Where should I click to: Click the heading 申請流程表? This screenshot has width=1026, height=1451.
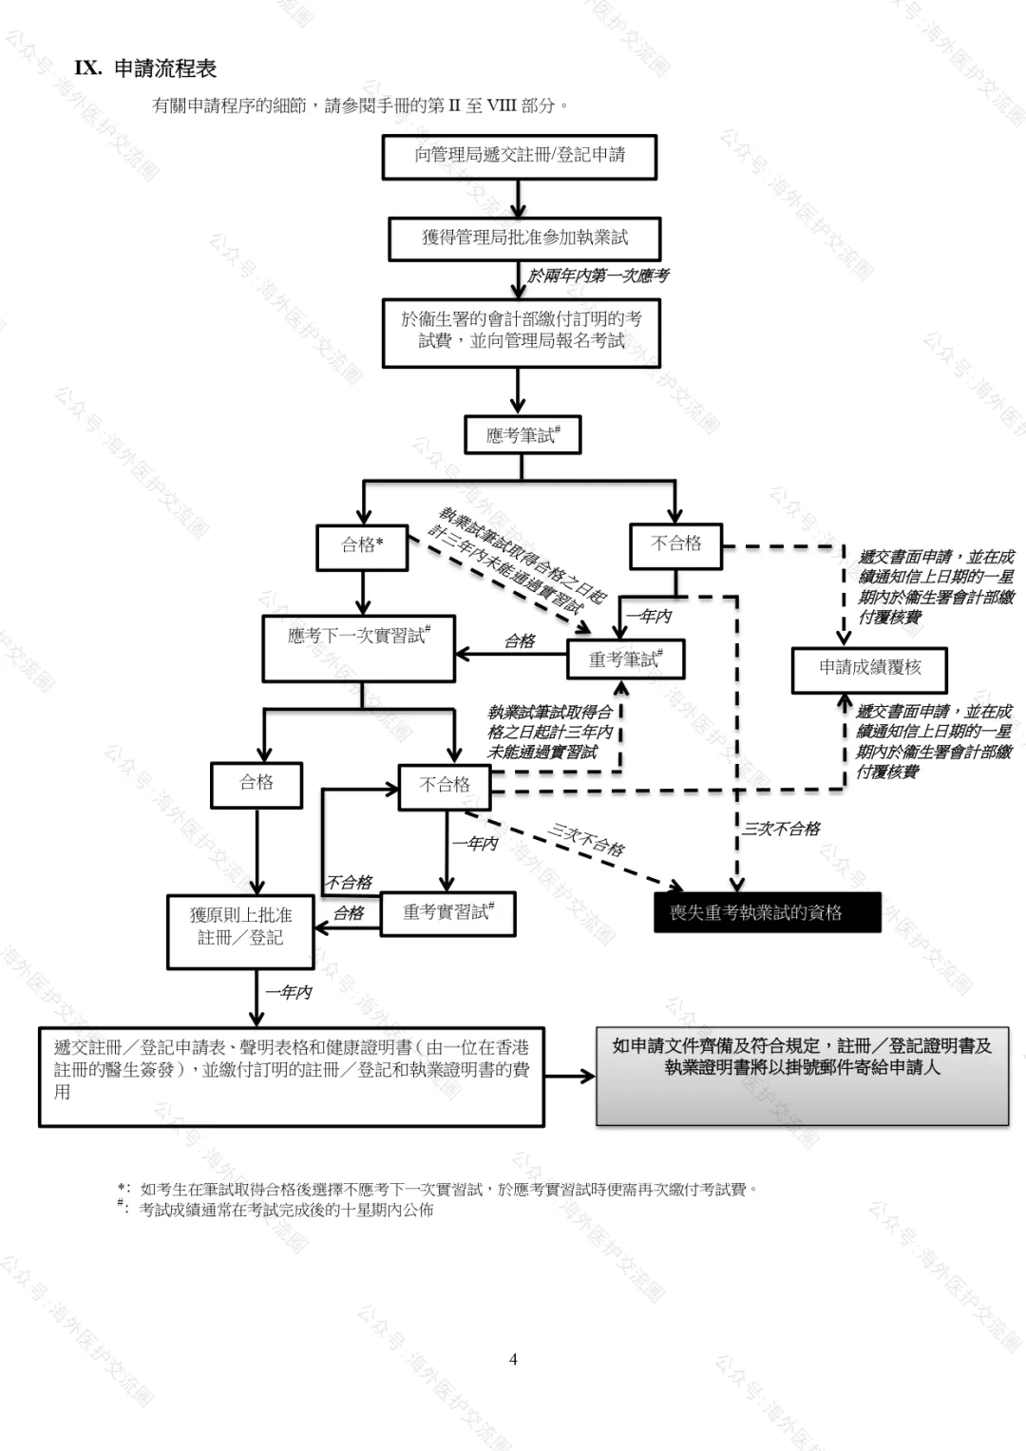pyautogui.click(x=164, y=68)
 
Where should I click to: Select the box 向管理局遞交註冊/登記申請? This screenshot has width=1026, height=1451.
pyautogui.click(x=520, y=156)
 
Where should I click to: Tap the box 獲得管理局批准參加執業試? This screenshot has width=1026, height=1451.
pyautogui.click(x=523, y=238)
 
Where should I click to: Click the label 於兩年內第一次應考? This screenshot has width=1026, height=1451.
pyautogui.click(x=598, y=276)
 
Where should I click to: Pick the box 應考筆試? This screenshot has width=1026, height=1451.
pyautogui.click(x=522, y=436)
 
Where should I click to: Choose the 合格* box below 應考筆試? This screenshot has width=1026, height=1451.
pyautogui.click(x=362, y=545)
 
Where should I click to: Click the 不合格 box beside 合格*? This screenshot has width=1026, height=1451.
pyautogui.click(x=675, y=544)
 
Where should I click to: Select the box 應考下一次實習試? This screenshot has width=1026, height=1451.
pyautogui.click(x=359, y=647)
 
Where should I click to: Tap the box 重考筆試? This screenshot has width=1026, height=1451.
pyautogui.click(x=624, y=659)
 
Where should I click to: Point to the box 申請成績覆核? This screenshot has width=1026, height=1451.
pyautogui.click(x=870, y=668)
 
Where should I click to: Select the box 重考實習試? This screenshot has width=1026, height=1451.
pyautogui.click(x=447, y=913)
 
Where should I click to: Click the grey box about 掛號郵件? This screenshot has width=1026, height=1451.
pyautogui.click(x=802, y=1077)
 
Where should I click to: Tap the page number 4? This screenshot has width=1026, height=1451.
pyautogui.click(x=513, y=1359)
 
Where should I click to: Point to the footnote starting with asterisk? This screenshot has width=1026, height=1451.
pyautogui.click(x=437, y=1189)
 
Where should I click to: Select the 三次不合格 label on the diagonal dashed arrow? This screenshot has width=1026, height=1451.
pyautogui.click(x=586, y=840)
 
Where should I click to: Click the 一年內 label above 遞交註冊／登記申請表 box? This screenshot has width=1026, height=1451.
pyautogui.click(x=289, y=992)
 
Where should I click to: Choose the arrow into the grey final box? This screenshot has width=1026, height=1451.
pyautogui.click(x=570, y=1077)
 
